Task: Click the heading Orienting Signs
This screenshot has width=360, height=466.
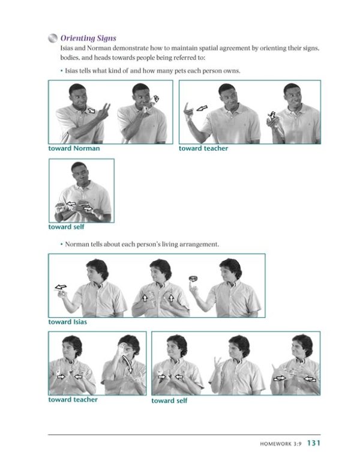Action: coord(88,38)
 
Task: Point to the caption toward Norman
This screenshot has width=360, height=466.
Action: coord(74,148)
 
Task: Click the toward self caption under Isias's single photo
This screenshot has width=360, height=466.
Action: coord(66,227)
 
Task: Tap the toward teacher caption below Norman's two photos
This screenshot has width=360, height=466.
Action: coord(73,399)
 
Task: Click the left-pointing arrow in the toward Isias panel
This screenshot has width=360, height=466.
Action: coord(61,287)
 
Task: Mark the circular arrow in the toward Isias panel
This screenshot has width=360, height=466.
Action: coord(194,277)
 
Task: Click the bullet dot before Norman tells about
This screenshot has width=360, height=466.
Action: coord(61,244)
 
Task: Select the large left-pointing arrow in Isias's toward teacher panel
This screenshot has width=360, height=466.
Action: coord(202,109)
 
